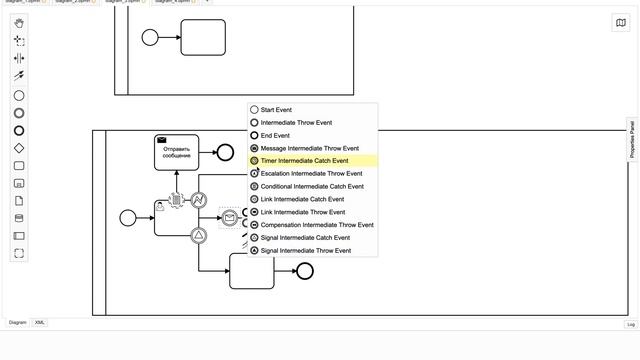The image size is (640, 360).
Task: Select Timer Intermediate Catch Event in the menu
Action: coord(304,160)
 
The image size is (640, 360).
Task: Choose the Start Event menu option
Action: coord(276,110)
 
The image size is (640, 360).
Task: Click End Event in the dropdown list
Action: coord(275,135)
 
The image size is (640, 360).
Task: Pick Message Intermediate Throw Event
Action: coord(309,148)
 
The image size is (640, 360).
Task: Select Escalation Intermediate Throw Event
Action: coord(311,173)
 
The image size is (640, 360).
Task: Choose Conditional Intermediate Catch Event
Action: coord(312,186)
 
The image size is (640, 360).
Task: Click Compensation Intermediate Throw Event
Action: coord(317,225)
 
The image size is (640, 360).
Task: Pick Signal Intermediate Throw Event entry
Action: coord(306,250)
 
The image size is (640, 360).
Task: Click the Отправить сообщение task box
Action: coord(177,153)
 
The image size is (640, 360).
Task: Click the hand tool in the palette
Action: coord(19,23)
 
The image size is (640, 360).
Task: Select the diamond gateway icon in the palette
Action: coord(19,148)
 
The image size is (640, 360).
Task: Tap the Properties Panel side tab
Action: coord(632,139)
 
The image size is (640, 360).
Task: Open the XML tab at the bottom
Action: coord(40,323)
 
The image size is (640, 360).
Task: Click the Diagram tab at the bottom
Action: coord(18,323)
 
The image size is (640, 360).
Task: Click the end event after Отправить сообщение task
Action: coord(225,153)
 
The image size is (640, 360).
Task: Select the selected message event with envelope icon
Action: coord(230,217)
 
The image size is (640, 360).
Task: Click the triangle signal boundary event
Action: coord(199,235)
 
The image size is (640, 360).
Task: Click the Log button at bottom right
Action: coord(630,324)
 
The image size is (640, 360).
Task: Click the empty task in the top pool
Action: coord(203,38)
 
